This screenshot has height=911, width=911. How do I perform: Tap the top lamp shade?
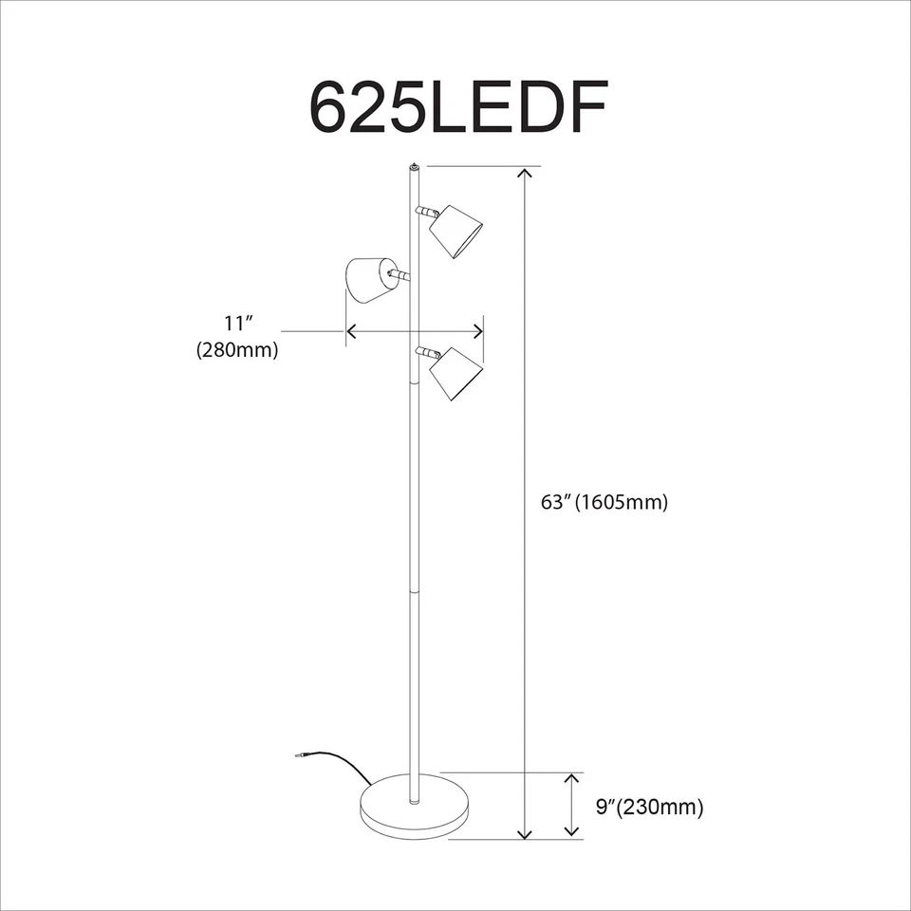(456, 230)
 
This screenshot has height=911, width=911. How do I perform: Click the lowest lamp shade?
(456, 372)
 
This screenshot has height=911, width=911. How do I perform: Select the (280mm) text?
(237, 350)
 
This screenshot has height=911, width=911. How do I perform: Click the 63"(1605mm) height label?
(604, 503)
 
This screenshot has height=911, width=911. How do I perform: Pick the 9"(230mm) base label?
(649, 809)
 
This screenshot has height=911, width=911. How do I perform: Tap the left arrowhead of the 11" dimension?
(351, 331)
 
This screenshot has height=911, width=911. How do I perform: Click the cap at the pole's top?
(414, 167)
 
